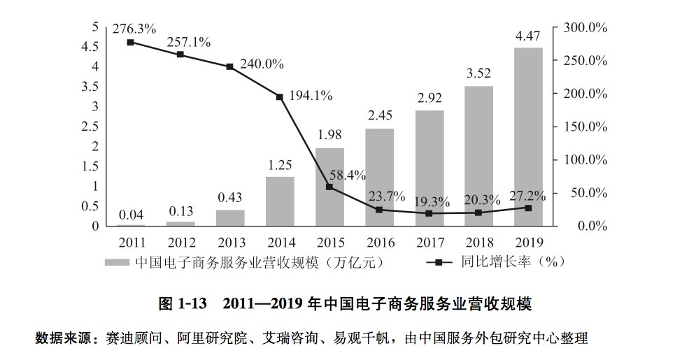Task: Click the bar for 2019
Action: click(x=528, y=136)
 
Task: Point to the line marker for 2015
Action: click(x=329, y=187)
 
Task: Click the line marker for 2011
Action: click(x=131, y=43)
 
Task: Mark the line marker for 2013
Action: click(x=229, y=66)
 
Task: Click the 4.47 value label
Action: click(x=528, y=35)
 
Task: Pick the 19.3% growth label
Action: click(x=430, y=201)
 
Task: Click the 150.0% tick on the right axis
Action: click(x=585, y=127)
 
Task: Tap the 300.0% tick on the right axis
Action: click(x=585, y=27)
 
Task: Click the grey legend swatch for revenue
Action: click(x=116, y=262)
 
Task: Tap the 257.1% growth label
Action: click(x=188, y=42)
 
